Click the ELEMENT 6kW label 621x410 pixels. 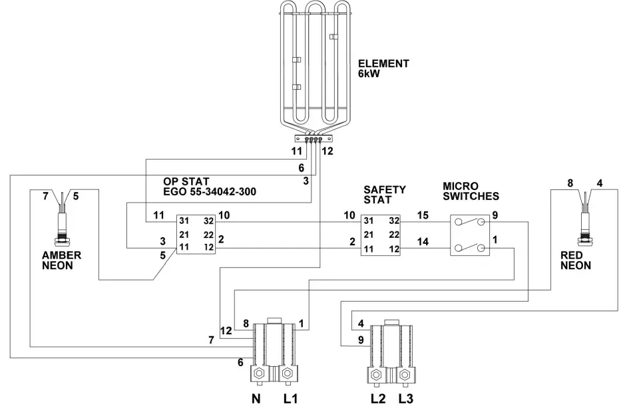point(383,69)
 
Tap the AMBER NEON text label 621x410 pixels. point(61,260)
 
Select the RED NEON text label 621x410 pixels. point(576,260)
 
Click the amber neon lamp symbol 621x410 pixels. point(63,223)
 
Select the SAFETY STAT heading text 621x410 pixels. point(384,195)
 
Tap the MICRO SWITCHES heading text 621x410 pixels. point(471,192)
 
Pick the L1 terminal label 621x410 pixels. point(291,399)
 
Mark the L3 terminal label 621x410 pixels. point(407,399)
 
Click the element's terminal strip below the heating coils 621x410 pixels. point(312,140)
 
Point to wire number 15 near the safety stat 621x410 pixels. point(423,215)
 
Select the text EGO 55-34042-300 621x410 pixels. point(210,191)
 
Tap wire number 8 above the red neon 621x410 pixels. point(570,182)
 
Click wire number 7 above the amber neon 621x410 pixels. point(45,196)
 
